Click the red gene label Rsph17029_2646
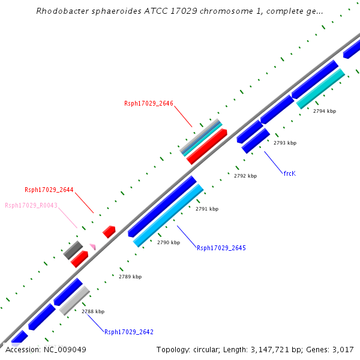tap(149, 103)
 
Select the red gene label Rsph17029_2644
tap(49, 190)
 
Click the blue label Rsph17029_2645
tap(221, 248)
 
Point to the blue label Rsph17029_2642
tap(129, 332)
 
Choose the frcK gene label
tap(290, 173)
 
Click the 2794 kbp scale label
tap(325, 111)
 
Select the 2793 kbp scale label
tap(285, 143)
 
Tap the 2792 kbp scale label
tap(245, 176)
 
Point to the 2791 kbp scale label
tap(207, 209)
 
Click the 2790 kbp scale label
tap(169, 242)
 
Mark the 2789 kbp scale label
tap(130, 277)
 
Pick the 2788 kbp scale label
tap(93, 311)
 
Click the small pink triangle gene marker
tap(92, 246)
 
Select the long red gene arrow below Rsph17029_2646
tap(207, 146)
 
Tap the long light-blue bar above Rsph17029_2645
tap(169, 216)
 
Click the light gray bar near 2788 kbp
tap(74, 301)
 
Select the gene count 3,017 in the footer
tap(344, 349)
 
